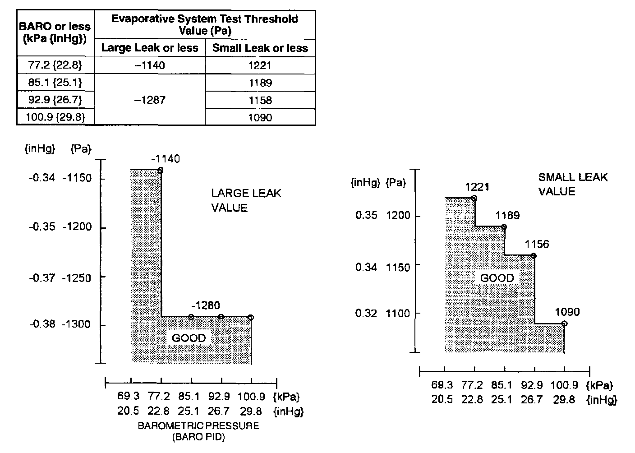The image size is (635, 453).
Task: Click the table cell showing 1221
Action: [x=260, y=65]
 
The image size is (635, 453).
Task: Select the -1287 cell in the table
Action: [x=150, y=100]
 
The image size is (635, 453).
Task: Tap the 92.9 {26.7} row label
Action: [x=55, y=100]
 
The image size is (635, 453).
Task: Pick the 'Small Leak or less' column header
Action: [x=260, y=48]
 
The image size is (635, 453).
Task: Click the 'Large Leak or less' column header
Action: [x=150, y=48]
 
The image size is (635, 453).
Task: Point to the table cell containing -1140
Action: [x=150, y=65]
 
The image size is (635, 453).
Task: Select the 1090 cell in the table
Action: [x=260, y=118]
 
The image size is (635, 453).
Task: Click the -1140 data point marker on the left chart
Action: [x=161, y=170]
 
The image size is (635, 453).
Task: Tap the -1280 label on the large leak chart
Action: [x=205, y=305]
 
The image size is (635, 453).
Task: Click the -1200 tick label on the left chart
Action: [x=77, y=226]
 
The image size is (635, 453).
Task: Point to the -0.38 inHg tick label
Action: [x=42, y=324]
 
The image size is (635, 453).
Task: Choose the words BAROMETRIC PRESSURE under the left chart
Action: [x=198, y=426]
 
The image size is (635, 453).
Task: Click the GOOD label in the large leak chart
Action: [x=189, y=338]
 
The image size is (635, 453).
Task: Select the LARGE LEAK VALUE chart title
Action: [x=246, y=200]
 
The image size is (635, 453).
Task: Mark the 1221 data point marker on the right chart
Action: [x=474, y=198]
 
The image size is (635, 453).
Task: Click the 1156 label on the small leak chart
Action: [x=537, y=244]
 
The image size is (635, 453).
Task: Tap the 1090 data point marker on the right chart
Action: [x=564, y=324]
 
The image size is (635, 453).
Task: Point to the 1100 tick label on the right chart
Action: [x=398, y=313]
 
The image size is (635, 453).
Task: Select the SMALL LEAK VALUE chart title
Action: [x=573, y=184]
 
